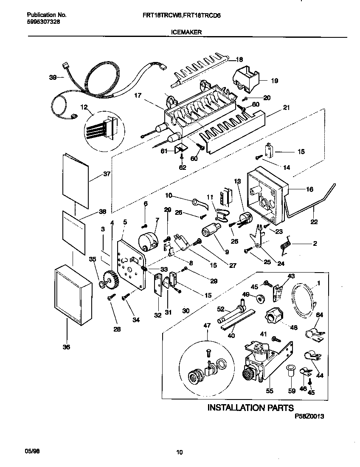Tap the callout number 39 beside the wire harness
coord(53,77)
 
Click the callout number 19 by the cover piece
coord(274,81)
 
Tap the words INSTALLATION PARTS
coord(250,408)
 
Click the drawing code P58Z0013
coord(309,417)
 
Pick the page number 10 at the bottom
coord(179,453)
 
